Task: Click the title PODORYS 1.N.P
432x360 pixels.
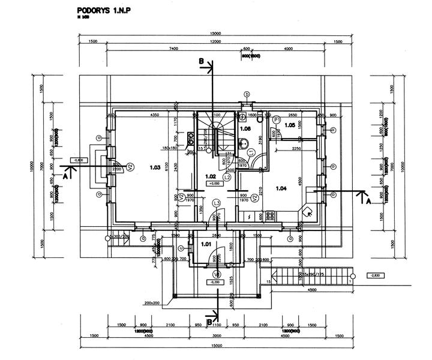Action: click(x=103, y=11)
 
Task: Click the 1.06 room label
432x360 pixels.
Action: click(x=245, y=128)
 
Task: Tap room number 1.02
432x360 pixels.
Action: click(x=211, y=176)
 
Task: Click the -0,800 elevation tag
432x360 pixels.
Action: click(x=77, y=160)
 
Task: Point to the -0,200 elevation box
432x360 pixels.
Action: click(x=215, y=281)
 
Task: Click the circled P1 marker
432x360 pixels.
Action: click(x=277, y=120)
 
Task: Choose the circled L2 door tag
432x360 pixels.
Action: click(x=227, y=178)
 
